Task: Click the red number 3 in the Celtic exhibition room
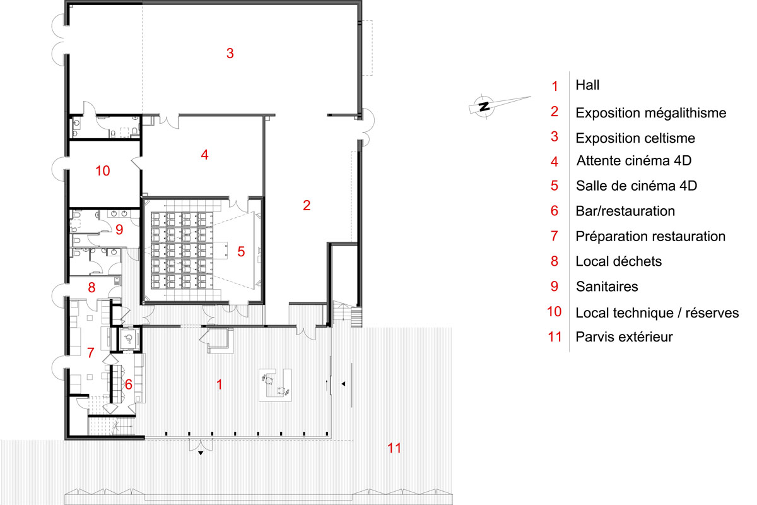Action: click(230, 53)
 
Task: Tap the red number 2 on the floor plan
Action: click(307, 205)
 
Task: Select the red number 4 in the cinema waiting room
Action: click(204, 155)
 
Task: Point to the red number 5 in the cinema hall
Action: click(241, 251)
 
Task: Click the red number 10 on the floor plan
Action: click(103, 171)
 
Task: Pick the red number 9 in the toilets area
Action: click(119, 229)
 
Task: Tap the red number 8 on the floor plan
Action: click(91, 287)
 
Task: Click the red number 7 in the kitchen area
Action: click(91, 353)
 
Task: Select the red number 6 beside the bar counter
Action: click(129, 384)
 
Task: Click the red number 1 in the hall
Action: click(220, 384)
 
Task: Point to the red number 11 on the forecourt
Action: click(394, 448)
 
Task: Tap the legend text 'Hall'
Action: click(587, 85)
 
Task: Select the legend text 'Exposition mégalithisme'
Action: click(651, 113)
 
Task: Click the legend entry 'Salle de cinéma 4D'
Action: click(637, 186)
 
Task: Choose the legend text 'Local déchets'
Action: click(618, 261)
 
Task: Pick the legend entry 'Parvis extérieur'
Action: click(624, 337)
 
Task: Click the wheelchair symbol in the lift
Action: click(129, 338)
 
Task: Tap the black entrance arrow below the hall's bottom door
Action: click(201, 453)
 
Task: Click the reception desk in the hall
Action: click(275, 385)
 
